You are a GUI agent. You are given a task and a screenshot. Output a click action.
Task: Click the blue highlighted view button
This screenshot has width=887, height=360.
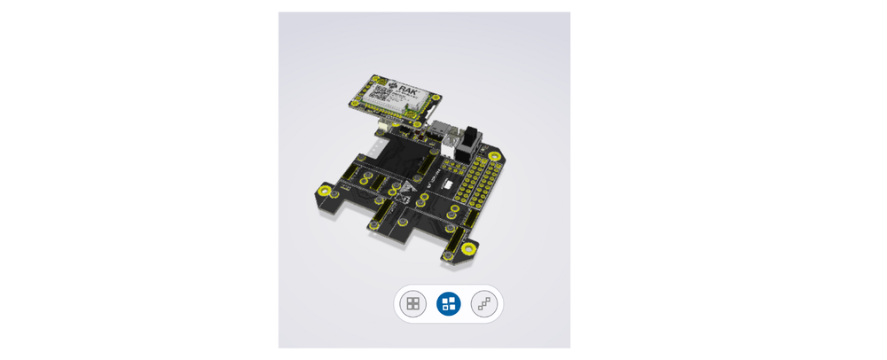[x=449, y=304]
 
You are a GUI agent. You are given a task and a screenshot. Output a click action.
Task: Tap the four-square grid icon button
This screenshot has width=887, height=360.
[x=412, y=304]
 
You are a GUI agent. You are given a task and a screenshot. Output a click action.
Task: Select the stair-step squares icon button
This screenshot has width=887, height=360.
[x=484, y=304]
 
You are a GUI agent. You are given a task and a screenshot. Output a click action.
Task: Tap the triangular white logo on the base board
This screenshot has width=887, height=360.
[x=407, y=190]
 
